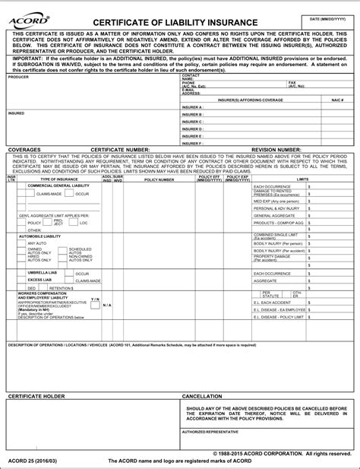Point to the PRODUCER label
coord(18,77)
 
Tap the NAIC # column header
coord(337,100)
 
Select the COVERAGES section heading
coord(27,150)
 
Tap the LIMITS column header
coord(303,179)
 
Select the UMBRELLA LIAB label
coord(43,273)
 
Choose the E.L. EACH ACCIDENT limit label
coord(273,303)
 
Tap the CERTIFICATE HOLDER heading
coord(36,397)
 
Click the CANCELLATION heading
coord(202,397)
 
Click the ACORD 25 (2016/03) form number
coord(30,461)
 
